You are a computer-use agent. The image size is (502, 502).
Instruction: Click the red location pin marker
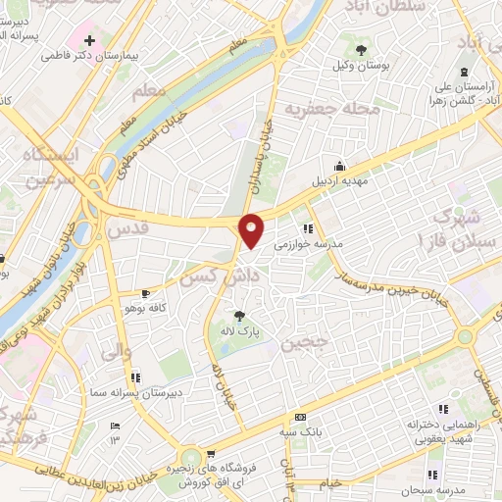251,230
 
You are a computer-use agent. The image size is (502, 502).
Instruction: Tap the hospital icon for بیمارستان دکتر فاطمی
90,40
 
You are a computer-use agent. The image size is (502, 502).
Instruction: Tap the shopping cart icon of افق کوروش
211,454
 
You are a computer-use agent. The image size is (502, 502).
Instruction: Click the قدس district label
125,229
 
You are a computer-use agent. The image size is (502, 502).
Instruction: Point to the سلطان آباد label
369,8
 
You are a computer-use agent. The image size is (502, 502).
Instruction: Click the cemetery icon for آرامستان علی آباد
464,72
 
